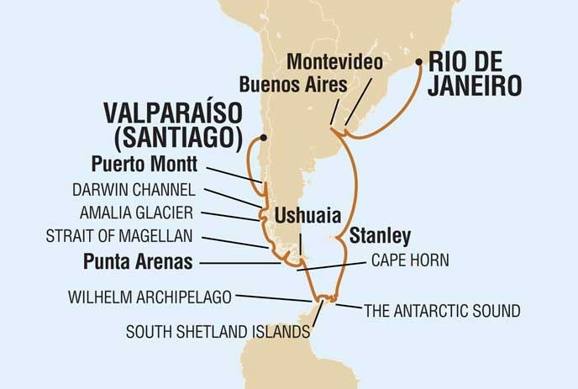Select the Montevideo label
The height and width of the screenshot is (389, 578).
334,61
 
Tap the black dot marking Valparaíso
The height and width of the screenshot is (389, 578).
264,135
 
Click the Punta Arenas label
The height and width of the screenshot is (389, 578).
138,261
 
